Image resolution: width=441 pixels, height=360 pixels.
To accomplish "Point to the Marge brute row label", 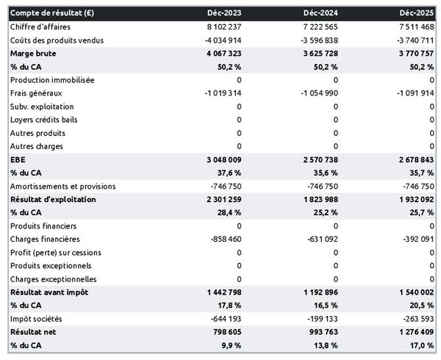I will coord(33,54).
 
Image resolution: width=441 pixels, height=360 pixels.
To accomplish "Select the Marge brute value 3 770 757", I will coord(412,54).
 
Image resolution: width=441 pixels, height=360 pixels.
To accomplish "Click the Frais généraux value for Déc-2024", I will coord(314,93).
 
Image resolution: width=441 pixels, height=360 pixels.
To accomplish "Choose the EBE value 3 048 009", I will coord(215,159).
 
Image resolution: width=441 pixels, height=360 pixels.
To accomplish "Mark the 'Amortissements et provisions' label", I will coord(62,187).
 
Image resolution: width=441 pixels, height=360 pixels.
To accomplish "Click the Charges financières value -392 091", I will coord(415,240).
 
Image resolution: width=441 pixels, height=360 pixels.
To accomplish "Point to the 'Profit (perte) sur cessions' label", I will coord(56,253).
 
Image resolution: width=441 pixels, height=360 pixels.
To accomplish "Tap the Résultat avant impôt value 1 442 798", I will coord(215,292).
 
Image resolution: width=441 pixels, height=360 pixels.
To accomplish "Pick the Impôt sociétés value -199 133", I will coord(318,319).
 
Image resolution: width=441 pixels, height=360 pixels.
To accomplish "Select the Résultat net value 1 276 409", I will coord(412,332).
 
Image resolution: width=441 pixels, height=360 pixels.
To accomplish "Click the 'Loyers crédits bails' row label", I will coord(44,120).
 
